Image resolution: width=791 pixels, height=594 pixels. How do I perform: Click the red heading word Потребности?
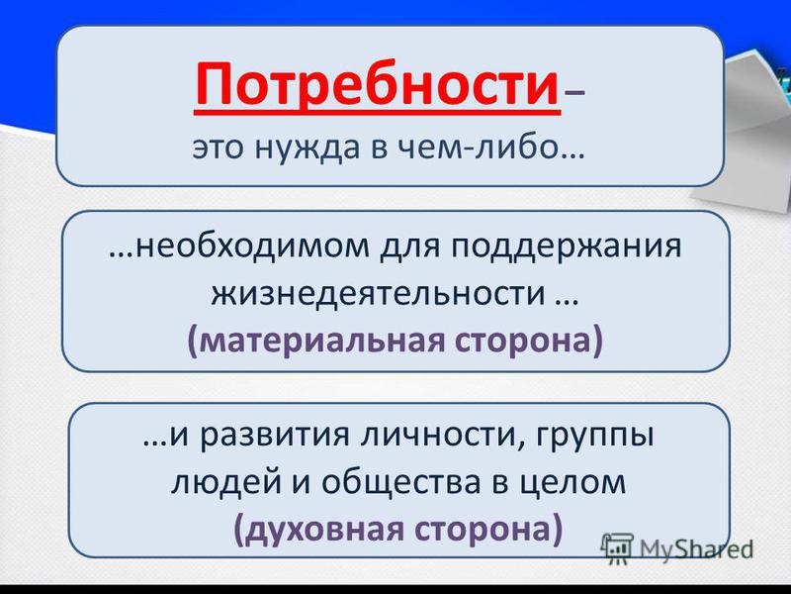(x=377, y=84)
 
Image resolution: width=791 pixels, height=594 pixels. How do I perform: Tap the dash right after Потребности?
(x=573, y=93)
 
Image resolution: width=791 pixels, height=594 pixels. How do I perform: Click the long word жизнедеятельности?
(x=379, y=294)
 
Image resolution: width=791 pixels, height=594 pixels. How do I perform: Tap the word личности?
(x=439, y=436)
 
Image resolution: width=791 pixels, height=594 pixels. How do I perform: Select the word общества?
(x=401, y=482)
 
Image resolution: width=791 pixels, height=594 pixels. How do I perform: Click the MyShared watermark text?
(x=696, y=549)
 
